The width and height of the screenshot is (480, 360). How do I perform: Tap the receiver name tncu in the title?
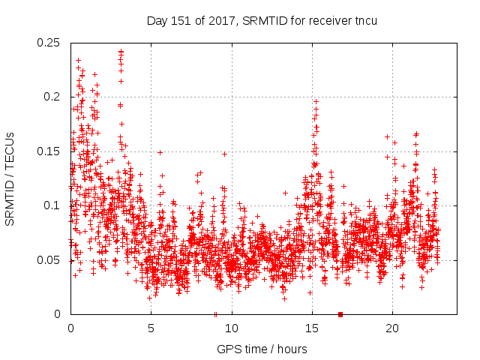click(x=364, y=21)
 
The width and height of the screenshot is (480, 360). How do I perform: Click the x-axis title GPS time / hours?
click(x=262, y=349)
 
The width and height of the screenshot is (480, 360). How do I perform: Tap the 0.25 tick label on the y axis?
click(x=49, y=43)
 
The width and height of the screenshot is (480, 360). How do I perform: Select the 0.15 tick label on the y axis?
click(x=49, y=151)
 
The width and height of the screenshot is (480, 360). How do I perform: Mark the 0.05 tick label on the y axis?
click(x=49, y=260)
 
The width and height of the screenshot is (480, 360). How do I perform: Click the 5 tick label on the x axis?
click(x=151, y=328)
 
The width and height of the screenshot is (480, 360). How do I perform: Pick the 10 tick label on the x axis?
click(x=232, y=328)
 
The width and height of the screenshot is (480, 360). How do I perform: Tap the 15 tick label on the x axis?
click(x=312, y=328)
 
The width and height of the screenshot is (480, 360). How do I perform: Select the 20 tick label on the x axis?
click(x=392, y=328)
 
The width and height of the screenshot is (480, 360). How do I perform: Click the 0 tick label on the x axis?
click(x=70, y=328)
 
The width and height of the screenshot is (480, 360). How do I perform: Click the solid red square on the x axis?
click(x=340, y=314)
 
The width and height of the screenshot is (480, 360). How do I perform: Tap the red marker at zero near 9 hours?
click(x=216, y=314)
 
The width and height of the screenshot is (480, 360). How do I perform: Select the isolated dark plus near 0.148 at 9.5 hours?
click(x=224, y=154)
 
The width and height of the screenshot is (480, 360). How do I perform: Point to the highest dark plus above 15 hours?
click(x=316, y=101)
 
